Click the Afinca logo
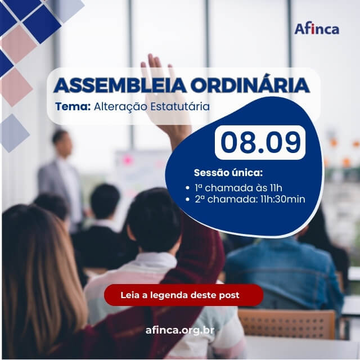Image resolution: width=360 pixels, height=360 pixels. [317, 29]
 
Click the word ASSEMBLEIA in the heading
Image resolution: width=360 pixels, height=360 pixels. [120, 85]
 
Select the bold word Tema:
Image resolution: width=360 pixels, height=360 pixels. [73, 106]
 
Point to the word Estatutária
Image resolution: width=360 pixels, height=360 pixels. [180, 106]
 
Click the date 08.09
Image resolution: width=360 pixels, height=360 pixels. [260, 142]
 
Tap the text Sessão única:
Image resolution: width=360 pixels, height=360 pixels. [228, 173]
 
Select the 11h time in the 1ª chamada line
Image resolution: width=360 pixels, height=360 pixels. [276, 188]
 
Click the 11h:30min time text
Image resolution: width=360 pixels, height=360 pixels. [282, 199]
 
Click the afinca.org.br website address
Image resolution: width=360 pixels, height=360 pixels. [180, 330]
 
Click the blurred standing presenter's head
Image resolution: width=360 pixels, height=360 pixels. [61, 142]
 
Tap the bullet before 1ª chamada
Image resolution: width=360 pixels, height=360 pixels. [187, 188]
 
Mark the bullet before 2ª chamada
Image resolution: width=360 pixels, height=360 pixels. [187, 199]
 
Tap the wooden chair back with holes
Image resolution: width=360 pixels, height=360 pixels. [287, 324]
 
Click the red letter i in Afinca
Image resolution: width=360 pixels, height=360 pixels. [313, 29]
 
